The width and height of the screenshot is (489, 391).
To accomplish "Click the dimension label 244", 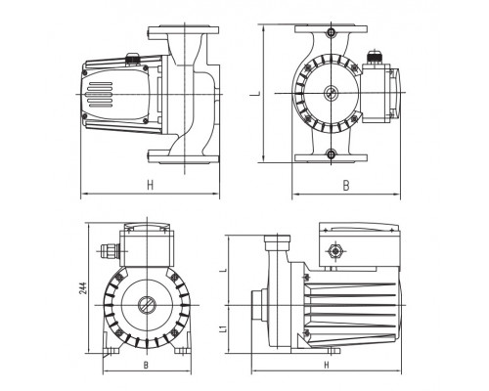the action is [x=83, y=288].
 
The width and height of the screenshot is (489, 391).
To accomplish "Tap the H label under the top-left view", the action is [x=150, y=185].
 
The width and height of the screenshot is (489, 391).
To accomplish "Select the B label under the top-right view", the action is [x=346, y=186].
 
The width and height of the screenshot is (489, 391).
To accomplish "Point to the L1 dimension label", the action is [x=223, y=328].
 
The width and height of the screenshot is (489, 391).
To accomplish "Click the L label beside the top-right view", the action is [x=257, y=94].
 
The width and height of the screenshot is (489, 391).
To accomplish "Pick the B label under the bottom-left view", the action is [x=146, y=365].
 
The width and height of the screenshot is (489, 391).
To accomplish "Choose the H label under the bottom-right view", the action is [x=327, y=366].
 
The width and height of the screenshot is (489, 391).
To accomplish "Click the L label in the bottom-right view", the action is [x=223, y=270].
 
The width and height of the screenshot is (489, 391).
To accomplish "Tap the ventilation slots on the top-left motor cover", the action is [x=100, y=95].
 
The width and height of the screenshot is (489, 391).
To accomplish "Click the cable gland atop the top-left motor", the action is [x=132, y=59].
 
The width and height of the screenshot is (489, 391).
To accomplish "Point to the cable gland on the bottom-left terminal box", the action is [x=110, y=251].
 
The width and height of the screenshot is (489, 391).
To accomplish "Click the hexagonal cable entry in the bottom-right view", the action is [x=334, y=251].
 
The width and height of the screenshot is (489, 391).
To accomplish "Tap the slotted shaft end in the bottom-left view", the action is [x=147, y=305].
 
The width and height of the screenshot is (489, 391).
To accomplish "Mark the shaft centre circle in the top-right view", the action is [x=331, y=93].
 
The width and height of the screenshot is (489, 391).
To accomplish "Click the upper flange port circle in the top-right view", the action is [x=332, y=32].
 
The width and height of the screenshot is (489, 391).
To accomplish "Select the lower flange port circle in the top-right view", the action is [x=332, y=153].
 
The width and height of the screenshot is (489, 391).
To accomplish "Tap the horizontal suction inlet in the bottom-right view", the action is [x=259, y=305].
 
